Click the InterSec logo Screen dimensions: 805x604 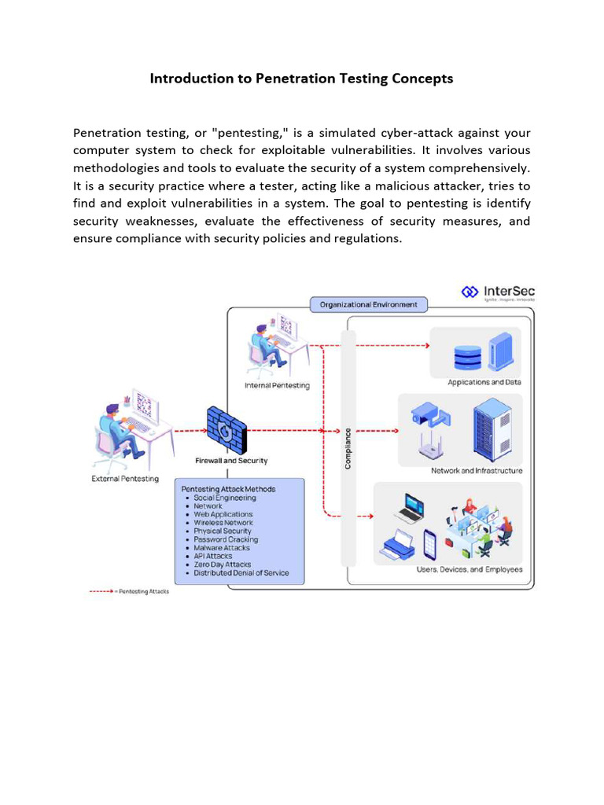(497, 293)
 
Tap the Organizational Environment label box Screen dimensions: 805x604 (368, 305)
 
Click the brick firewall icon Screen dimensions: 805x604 (226, 429)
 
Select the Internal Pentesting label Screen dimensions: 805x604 (277, 385)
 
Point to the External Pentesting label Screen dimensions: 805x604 (125, 478)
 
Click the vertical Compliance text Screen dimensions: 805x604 (348, 448)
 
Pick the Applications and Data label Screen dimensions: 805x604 (484, 383)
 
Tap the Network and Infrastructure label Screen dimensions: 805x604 (476, 471)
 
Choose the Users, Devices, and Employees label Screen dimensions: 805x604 (469, 569)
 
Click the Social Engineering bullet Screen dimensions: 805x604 (224, 498)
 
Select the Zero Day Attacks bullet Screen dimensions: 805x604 (223, 564)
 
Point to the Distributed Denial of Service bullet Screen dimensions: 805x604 (241, 573)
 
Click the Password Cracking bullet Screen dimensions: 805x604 (226, 539)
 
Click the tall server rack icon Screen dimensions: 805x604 (492, 431)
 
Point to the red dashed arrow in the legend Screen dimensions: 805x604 (100, 592)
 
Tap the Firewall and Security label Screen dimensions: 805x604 (231, 461)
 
